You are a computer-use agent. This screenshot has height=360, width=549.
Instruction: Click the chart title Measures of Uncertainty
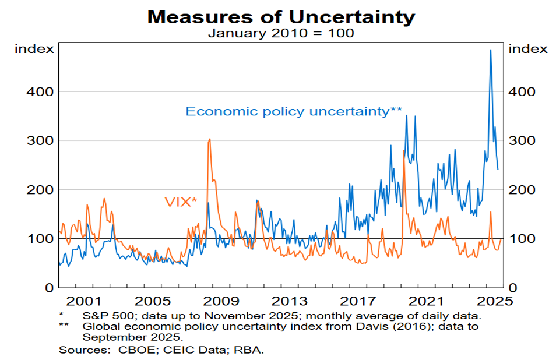[x=281, y=16]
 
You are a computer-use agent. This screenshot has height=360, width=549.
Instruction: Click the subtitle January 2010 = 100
[x=281, y=33]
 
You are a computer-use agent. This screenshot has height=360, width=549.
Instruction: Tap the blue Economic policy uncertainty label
[x=294, y=111]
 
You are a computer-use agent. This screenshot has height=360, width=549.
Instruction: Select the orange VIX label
[x=180, y=202]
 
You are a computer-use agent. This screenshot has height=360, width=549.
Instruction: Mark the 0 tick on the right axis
[x=513, y=288]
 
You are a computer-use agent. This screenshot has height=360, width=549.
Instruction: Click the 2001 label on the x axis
[x=83, y=302]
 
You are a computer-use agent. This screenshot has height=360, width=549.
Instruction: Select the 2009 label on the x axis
[x=223, y=302]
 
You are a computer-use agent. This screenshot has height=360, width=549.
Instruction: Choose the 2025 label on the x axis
[x=495, y=302]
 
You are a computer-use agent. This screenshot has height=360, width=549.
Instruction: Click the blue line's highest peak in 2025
[x=490, y=50]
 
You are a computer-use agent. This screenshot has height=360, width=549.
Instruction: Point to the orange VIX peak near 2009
[x=209, y=139]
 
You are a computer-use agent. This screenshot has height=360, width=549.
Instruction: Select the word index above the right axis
[x=528, y=49]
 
